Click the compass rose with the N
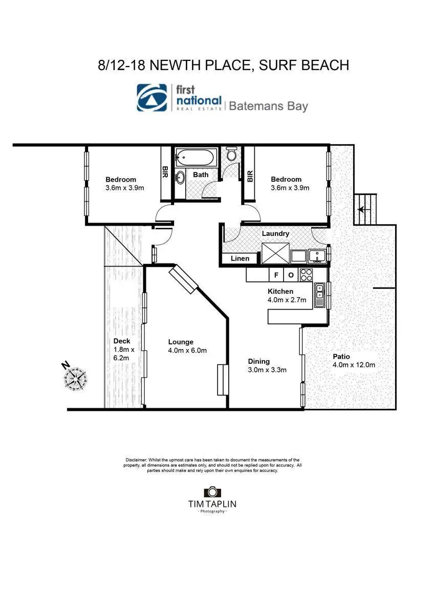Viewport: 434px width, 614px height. [75, 377]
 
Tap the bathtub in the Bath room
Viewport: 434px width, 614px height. [196, 157]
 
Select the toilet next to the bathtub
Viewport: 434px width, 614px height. [231, 153]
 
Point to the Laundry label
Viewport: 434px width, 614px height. [275, 233]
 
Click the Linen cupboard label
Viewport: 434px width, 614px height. [240, 258]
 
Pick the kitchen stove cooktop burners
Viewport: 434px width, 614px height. [307, 275]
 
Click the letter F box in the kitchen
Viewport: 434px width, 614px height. [276, 275]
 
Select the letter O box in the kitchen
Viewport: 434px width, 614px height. [290, 275]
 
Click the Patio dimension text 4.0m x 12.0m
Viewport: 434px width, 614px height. [354, 365]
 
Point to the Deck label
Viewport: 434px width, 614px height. [122, 341]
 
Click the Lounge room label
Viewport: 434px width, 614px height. [181, 342]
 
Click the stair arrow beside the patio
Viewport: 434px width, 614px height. [362, 209]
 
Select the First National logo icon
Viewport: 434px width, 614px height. [152, 98]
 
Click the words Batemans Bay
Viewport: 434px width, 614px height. [268, 106]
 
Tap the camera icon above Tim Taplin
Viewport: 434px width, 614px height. [212, 492]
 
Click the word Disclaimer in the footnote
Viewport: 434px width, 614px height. [136, 460]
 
